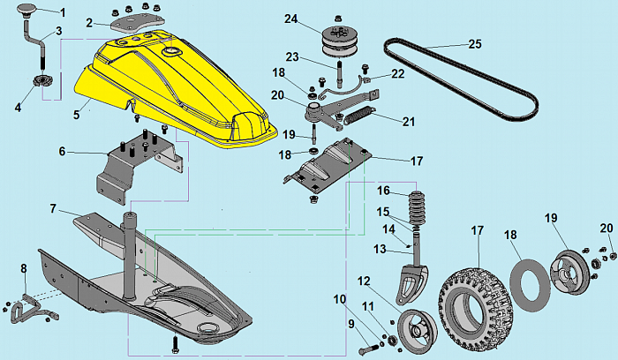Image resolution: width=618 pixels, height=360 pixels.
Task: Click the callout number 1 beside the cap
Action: pyautogui.click(x=62, y=12)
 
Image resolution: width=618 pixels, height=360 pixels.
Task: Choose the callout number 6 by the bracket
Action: pyautogui.click(x=61, y=152)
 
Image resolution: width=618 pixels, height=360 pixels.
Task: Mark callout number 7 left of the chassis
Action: pyautogui.click(x=53, y=208)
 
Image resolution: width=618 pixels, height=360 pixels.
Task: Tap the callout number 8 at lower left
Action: pyautogui.click(x=24, y=267)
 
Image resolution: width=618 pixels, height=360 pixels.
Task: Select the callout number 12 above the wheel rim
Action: pyautogui.click(x=364, y=281)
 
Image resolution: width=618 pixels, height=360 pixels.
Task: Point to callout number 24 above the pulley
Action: pyautogui.click(x=291, y=18)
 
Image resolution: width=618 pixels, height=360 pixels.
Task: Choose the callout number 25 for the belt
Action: pyautogui.click(x=475, y=43)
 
